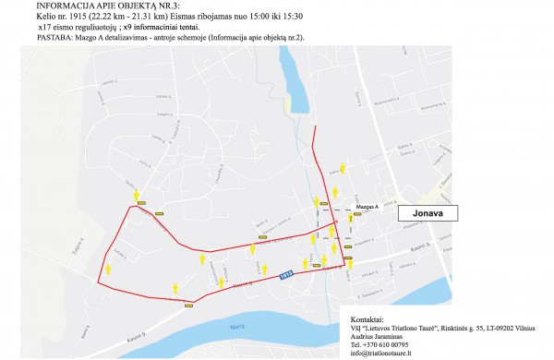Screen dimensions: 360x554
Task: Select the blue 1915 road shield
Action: click(x=286, y=273)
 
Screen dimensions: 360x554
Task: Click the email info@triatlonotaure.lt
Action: click(x=380, y=353)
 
